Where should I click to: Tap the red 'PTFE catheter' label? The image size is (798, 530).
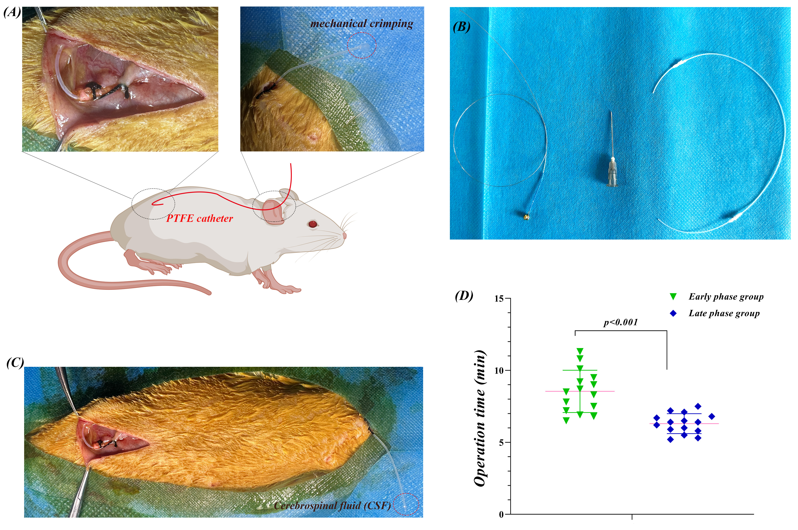[x=200, y=219]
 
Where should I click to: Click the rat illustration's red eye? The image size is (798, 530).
[x=313, y=224]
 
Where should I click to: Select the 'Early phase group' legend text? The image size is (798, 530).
[x=726, y=297]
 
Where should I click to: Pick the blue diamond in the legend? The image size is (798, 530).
[x=673, y=314]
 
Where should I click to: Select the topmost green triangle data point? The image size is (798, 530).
[x=580, y=351]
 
